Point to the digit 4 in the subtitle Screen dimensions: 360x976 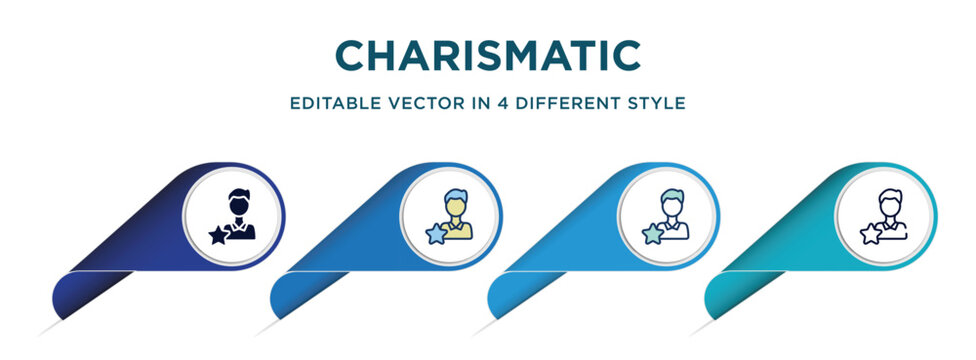coord(493,103)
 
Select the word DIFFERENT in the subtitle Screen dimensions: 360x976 coord(564,103)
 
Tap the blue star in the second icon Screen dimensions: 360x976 coord(435,235)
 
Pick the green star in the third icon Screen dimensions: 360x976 coord(652,235)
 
